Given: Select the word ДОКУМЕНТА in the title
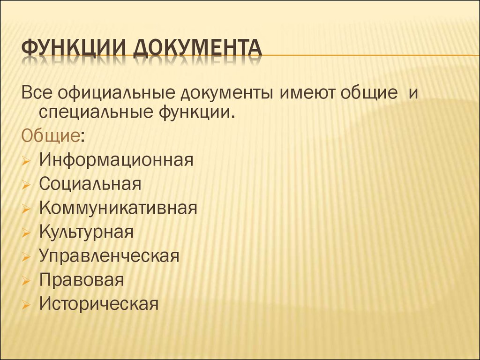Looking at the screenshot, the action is coord(198,48).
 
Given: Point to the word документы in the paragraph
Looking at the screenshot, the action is coord(226,94).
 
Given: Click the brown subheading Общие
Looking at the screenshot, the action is coord(51,135).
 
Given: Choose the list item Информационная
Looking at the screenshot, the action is coord(116,159).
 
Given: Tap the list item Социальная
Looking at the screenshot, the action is coord(90,184).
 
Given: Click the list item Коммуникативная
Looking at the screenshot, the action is coord(118,208).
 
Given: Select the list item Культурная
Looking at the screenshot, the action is coord(86,232).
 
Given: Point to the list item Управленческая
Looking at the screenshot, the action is coord(109,255).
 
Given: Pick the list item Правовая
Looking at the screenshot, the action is coord(82,279).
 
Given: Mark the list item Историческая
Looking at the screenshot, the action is coord(98,304).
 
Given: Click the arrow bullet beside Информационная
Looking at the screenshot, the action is coord(26,161).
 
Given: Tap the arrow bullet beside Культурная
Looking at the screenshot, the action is coord(26,233).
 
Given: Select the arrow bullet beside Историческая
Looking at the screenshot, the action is coord(26,305).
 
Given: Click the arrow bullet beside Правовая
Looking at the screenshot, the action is coord(26,281).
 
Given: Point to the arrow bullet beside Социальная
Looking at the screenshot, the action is coord(26,185).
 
